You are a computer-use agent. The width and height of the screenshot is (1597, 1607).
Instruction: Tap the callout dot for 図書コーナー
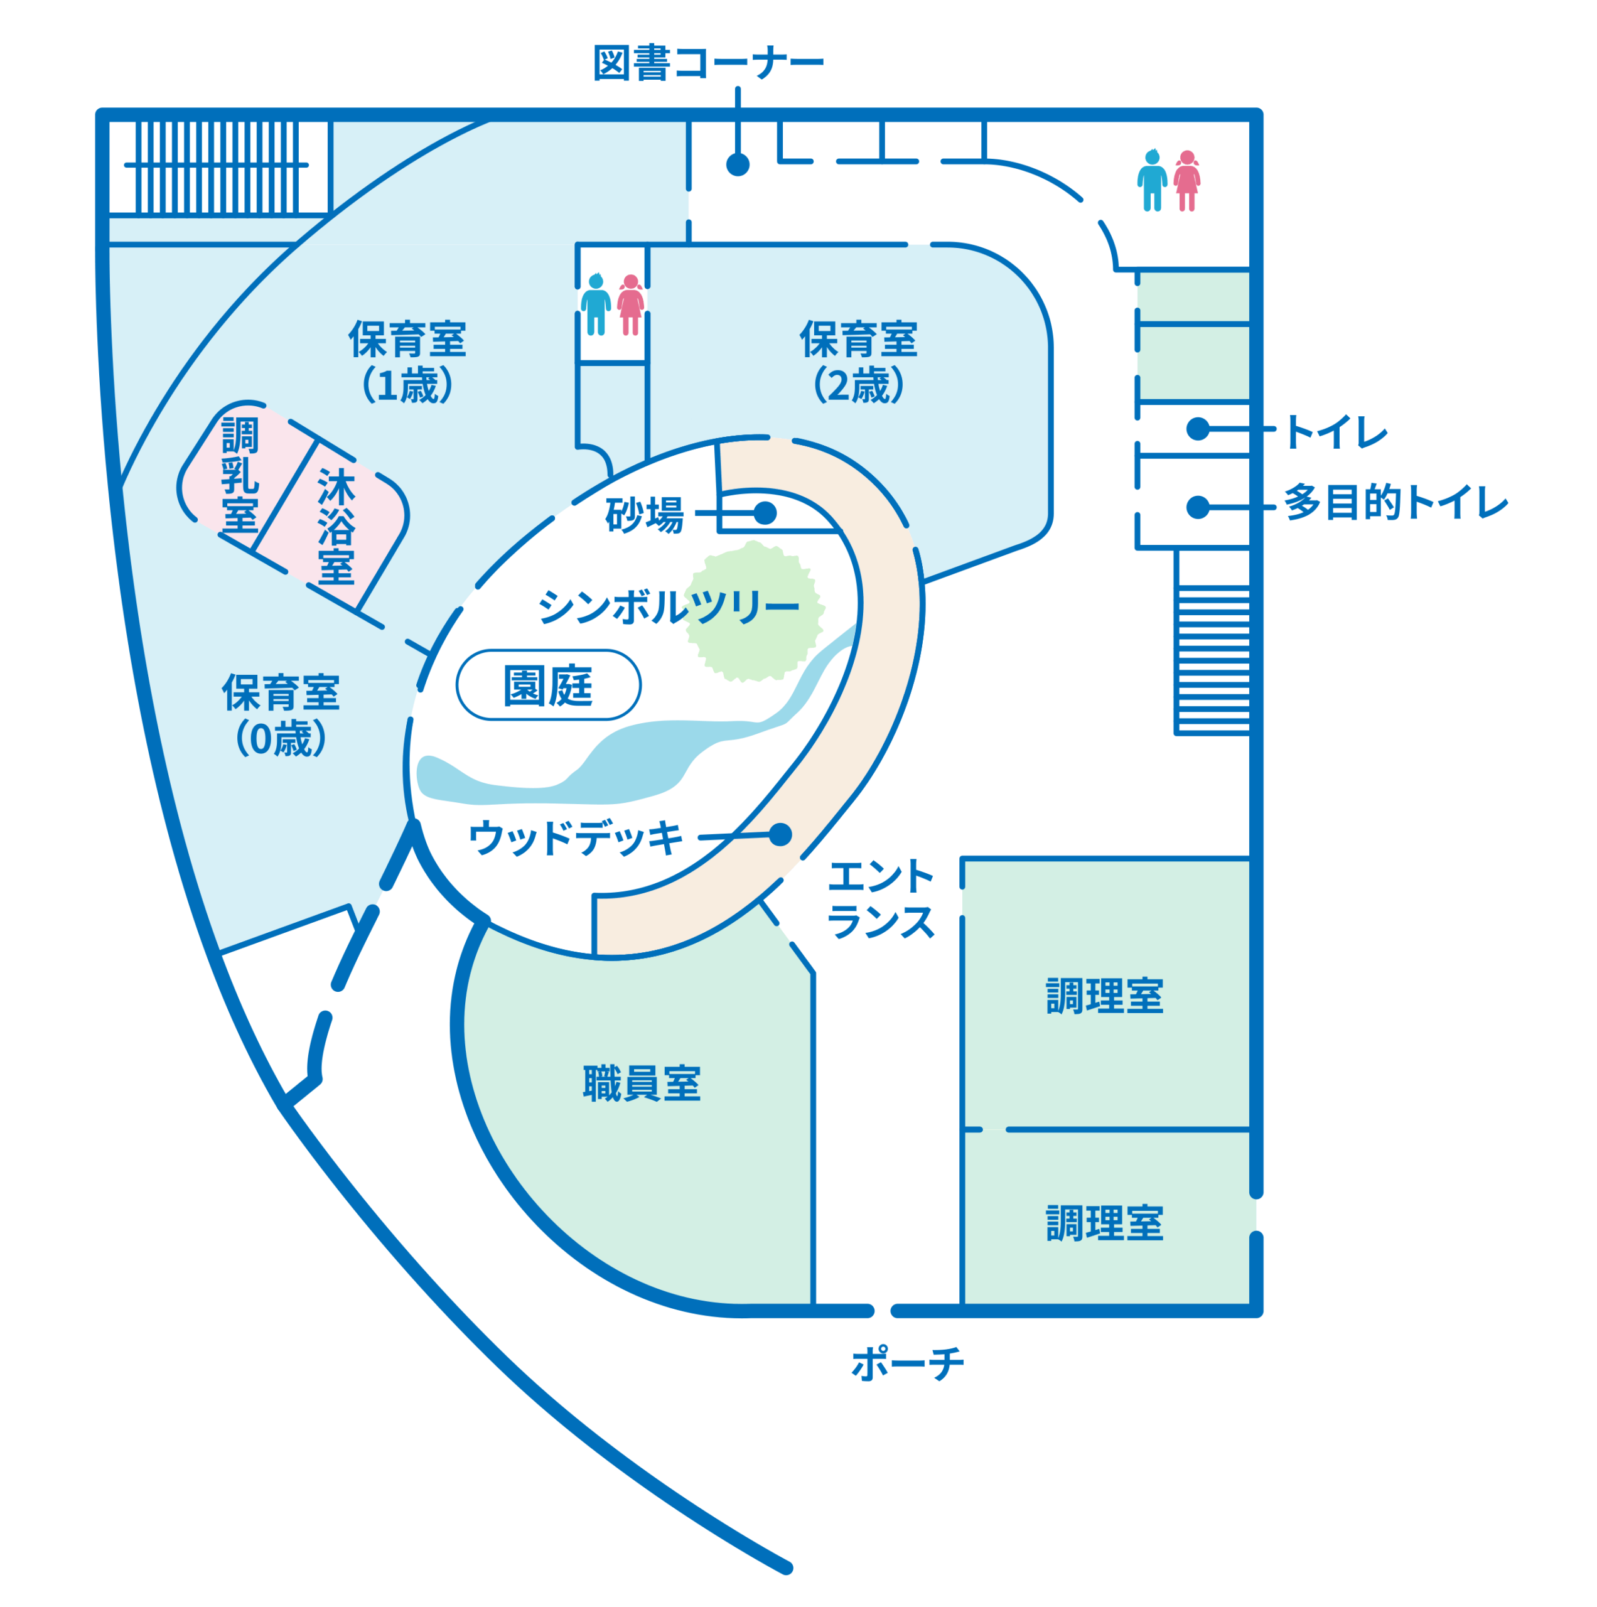coord(738,164)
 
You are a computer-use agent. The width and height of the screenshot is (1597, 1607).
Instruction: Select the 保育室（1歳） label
coord(407,362)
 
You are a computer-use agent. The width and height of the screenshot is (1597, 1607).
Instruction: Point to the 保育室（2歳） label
coord(858,362)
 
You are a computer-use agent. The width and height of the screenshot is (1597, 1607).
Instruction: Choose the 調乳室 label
coord(240,475)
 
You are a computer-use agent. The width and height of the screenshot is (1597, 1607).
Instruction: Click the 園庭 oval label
coord(548,685)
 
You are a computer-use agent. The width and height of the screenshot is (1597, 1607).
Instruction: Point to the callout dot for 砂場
coord(765,513)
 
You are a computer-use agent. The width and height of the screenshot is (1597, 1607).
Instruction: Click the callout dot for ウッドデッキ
coord(780,834)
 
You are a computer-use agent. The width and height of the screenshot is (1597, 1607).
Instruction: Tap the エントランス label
coord(881,898)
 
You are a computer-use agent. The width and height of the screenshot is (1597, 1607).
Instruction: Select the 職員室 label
coord(642,1084)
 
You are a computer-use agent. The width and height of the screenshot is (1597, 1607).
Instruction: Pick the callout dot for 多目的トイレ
coord(1198,507)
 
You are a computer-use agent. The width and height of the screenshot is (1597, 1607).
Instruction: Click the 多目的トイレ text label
coord(1395,503)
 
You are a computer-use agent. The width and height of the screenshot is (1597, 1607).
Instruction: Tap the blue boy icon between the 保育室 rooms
coord(596,304)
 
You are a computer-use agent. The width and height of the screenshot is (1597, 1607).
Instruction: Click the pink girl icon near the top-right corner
coord(1187,181)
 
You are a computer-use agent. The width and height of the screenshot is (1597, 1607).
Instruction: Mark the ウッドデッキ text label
coord(576,837)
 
